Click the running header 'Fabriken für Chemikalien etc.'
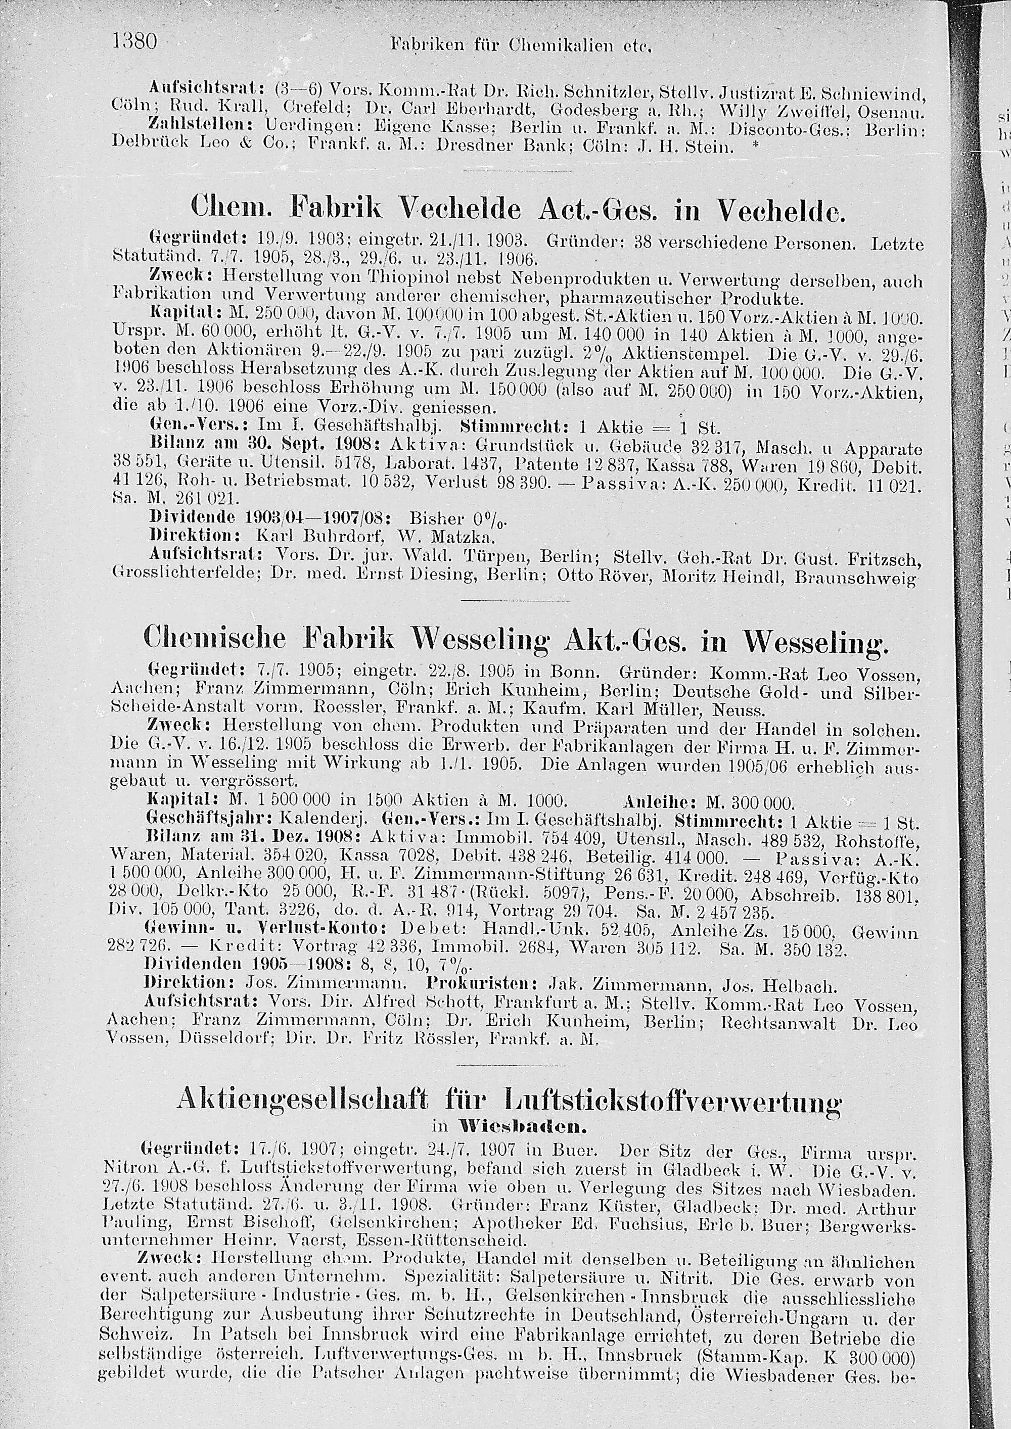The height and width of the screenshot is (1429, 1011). (520, 45)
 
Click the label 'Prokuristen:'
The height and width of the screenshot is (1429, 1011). (482, 986)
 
